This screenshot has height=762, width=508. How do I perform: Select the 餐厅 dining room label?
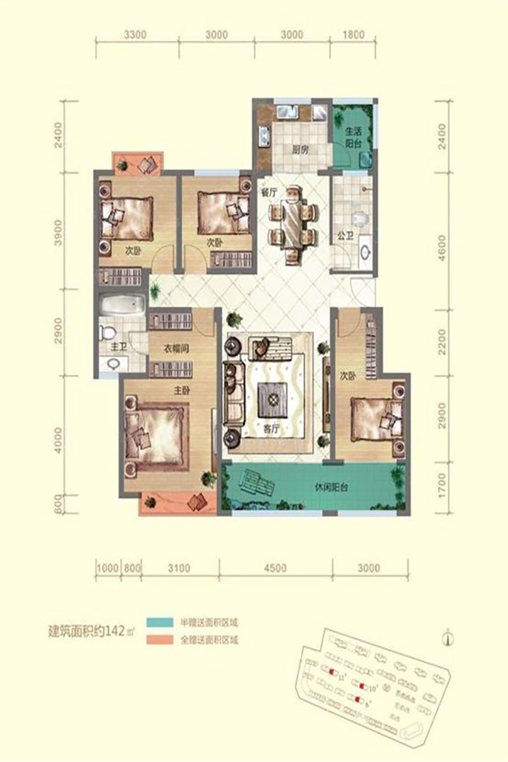267,192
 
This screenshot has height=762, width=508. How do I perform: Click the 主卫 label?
117,346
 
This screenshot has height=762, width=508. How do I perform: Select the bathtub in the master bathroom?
123,307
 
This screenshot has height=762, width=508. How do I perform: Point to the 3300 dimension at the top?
136,35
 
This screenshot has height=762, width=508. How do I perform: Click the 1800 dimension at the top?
353,35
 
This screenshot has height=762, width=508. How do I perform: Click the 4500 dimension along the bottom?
275,567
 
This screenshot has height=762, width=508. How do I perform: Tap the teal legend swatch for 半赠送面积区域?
160,622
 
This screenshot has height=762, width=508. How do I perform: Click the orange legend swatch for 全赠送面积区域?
160,639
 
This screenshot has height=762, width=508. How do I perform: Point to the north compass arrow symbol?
446,637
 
